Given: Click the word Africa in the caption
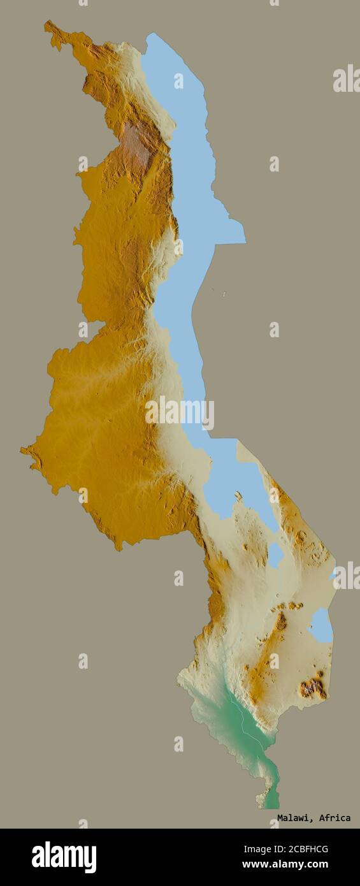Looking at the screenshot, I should pos(335,818).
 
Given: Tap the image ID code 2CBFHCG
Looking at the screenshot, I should pos(301,849).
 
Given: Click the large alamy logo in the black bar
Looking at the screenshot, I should pos(64,857).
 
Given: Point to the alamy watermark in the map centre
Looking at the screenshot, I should pos(180,413).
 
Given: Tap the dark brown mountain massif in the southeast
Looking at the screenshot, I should pos(313,687).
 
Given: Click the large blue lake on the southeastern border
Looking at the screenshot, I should pos(322,625).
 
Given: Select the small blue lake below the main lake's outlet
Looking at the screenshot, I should pos(275,554).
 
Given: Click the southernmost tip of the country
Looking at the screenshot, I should pos(271,806).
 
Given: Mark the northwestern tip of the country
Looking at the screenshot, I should pos(47,24).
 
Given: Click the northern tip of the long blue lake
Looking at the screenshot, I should pos(151,36).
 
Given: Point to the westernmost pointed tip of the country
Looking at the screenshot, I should pos(22,450).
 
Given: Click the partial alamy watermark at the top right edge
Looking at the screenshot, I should pos(347,78).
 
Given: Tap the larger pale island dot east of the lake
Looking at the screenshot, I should pos(224,294).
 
